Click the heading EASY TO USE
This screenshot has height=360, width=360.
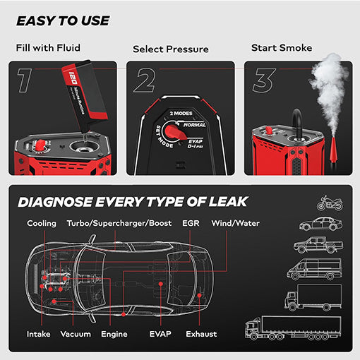pyautogui.click(x=63, y=20)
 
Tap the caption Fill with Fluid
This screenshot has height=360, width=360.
pyautogui.click(x=48, y=48)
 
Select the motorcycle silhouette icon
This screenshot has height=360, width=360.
pyautogui.click(x=330, y=203)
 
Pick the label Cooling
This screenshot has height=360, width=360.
pyautogui.click(x=42, y=224)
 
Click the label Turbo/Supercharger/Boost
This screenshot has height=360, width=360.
pyautogui.click(x=119, y=224)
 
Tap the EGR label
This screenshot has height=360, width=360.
pyautogui.click(x=191, y=224)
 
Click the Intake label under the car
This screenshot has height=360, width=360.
pyautogui.click(x=39, y=334)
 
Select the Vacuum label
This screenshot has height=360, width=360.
pyautogui.click(x=76, y=334)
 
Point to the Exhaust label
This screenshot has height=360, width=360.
pyautogui.click(x=201, y=334)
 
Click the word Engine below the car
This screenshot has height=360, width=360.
pyautogui.click(x=114, y=334)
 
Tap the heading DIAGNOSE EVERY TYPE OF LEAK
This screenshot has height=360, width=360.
pyautogui.click(x=132, y=202)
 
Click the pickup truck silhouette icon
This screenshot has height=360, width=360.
pyautogui.click(x=318, y=246)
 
